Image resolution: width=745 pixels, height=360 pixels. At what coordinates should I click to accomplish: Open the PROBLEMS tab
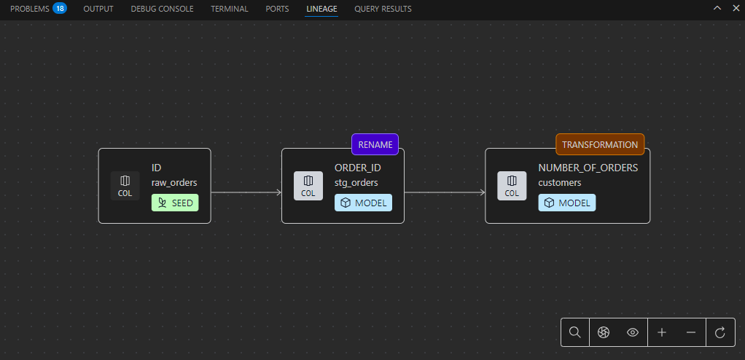(x=29, y=9)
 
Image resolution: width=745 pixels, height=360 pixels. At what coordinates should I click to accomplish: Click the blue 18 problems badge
(x=59, y=9)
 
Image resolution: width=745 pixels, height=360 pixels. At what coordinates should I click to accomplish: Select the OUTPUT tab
(x=98, y=9)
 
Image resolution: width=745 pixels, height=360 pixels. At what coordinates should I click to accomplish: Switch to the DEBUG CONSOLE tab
(x=162, y=9)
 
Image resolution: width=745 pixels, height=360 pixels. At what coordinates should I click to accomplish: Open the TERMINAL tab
(x=230, y=9)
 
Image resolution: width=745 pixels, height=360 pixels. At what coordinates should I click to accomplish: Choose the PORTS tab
(x=277, y=9)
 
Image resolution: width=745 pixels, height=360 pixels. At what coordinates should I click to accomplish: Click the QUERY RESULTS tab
(x=383, y=9)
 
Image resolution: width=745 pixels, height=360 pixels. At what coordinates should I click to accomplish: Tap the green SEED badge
(x=175, y=203)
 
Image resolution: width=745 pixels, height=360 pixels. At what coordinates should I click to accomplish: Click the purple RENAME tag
(x=375, y=144)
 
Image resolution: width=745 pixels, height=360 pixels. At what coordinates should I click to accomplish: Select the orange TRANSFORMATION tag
(x=600, y=144)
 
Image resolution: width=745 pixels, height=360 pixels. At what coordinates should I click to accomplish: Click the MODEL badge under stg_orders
(x=363, y=203)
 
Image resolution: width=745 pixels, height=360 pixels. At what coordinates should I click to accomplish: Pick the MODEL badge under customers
(x=567, y=203)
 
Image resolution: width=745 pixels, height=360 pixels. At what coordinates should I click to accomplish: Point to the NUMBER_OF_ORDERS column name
(x=588, y=168)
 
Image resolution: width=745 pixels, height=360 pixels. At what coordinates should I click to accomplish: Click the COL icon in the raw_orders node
(x=125, y=186)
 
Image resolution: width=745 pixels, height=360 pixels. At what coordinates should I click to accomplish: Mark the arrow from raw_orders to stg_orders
(x=246, y=192)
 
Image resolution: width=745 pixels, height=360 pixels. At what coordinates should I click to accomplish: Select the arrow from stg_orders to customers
(x=445, y=192)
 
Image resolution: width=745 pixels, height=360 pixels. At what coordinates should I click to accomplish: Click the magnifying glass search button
(x=574, y=332)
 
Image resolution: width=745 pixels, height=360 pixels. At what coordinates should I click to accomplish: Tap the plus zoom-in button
(x=662, y=332)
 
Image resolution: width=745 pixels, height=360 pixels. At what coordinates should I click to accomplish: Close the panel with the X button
(x=736, y=8)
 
